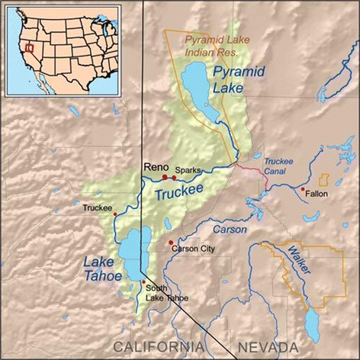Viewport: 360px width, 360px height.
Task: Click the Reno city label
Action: coord(157,167)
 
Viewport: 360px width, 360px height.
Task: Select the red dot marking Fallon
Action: coord(303,188)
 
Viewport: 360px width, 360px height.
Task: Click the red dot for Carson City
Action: coord(170,242)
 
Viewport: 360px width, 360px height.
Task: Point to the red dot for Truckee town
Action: coord(114,214)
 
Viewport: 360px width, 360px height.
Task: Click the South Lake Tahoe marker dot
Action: coord(143,283)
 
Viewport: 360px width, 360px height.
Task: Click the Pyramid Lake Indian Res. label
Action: coord(213,44)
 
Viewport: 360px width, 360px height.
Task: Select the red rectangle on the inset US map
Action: coord(29,47)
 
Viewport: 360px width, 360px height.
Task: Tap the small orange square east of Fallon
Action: coord(323,180)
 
